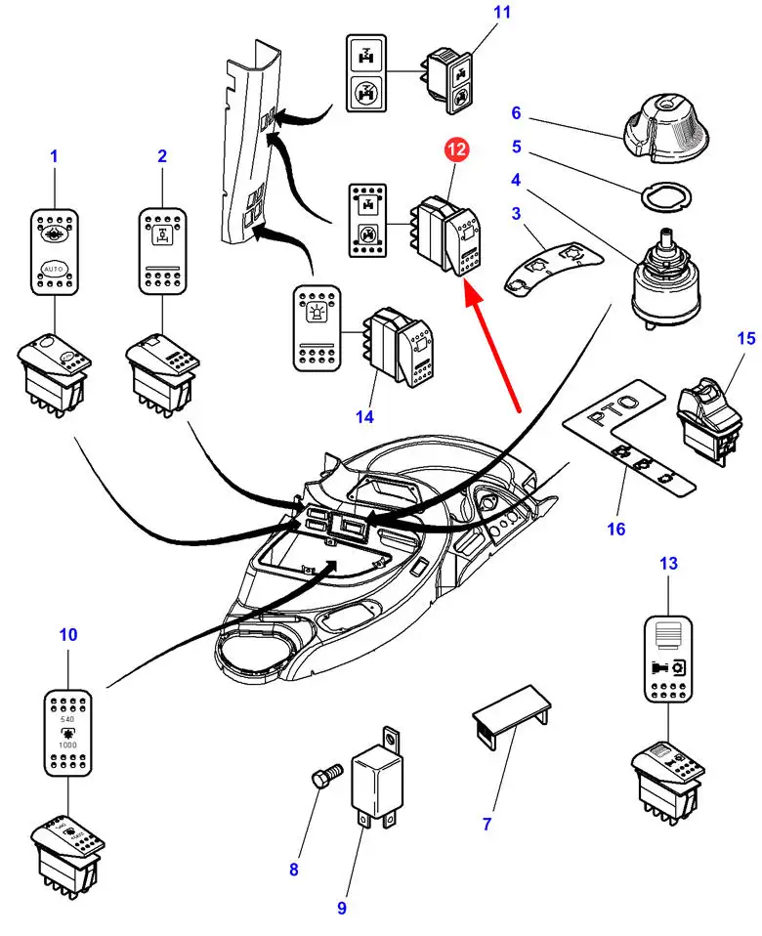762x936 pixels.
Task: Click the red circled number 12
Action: coord(458,150)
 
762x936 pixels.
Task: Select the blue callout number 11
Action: coord(475,13)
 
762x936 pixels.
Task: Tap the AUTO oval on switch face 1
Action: coord(55,267)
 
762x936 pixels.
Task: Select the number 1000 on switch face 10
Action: coord(67,745)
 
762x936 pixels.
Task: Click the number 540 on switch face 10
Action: coord(67,719)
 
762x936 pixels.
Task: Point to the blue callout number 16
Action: coord(614,529)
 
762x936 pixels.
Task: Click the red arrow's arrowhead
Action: coord(466,284)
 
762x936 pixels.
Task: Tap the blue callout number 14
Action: coord(364,417)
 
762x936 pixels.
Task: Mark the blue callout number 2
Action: coord(162,155)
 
